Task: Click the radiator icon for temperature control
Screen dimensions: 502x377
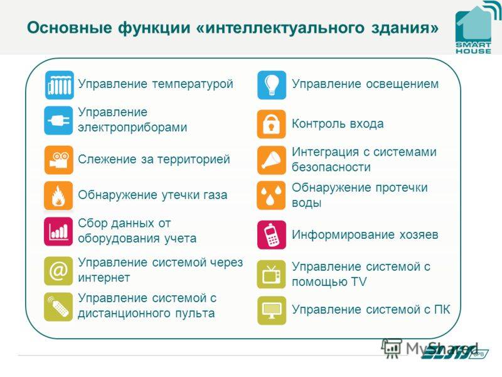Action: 59,85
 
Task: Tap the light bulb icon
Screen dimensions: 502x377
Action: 272,85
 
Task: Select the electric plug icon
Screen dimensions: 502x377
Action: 58,121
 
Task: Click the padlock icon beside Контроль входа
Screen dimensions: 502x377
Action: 272,124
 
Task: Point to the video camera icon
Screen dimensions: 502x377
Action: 59,160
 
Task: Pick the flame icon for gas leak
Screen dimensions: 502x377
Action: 58,195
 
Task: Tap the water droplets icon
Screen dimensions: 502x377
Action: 271,195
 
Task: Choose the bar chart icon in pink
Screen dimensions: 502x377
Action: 58,231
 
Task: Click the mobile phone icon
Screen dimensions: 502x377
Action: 272,235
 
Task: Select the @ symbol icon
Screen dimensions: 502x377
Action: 58,271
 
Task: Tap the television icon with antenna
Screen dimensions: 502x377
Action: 271,275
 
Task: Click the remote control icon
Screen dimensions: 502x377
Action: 58,307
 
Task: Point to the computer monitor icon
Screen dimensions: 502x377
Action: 272,310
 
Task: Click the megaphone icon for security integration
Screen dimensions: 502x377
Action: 272,160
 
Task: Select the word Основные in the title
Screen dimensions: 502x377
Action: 70,28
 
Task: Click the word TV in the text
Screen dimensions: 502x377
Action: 358,281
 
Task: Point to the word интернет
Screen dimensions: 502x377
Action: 104,278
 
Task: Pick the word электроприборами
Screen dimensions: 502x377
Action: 132,128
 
